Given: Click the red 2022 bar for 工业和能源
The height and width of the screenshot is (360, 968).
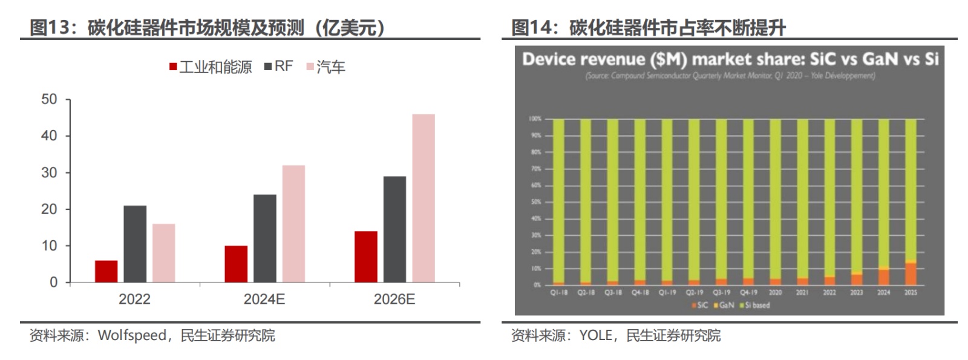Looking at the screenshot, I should [x=106, y=271].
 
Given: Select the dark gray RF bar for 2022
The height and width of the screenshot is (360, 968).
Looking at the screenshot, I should [x=135, y=244].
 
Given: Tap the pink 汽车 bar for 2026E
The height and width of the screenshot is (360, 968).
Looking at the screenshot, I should [x=423, y=198].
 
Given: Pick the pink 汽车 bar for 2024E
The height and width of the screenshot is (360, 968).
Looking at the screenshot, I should [x=293, y=223].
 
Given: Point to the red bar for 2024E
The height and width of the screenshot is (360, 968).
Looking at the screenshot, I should [x=236, y=264].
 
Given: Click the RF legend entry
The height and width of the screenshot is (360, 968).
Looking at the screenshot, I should [x=279, y=67].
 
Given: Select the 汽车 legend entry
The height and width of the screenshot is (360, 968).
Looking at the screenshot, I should [x=326, y=67].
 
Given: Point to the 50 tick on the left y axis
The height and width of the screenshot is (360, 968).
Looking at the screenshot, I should [x=50, y=99].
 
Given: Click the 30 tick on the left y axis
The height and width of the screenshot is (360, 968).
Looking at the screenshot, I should [x=50, y=172].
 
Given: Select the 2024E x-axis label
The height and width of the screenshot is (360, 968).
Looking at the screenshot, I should [x=264, y=299].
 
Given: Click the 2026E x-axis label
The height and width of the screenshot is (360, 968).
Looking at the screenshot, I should [x=394, y=299].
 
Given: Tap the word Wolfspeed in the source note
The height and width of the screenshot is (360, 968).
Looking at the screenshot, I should [x=132, y=335].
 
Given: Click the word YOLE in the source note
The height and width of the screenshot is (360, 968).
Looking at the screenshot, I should [x=595, y=335].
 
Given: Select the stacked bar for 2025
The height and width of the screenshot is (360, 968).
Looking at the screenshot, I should [x=911, y=201].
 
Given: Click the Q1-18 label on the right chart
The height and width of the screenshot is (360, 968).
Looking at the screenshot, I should [x=559, y=292].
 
